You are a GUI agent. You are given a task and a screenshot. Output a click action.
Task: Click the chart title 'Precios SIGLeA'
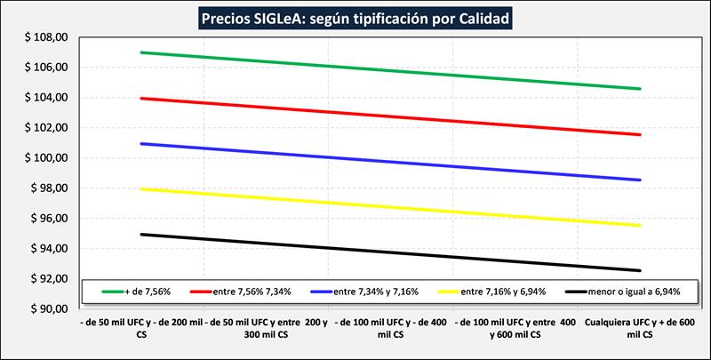tap(356, 17)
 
